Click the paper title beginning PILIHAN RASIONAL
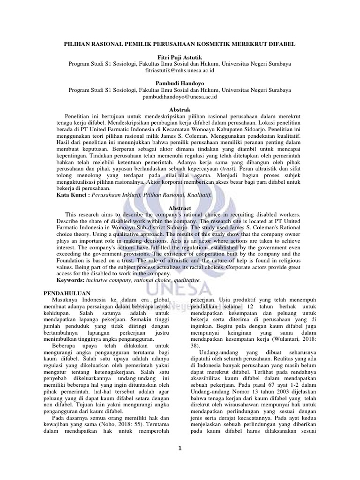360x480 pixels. pyautogui.click(x=180, y=44)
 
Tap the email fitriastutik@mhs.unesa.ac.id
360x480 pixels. pyautogui.click(x=180, y=70)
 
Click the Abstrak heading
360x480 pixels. pyautogui.click(x=180, y=109)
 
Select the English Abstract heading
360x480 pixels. pyautogui.click(x=180, y=208)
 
